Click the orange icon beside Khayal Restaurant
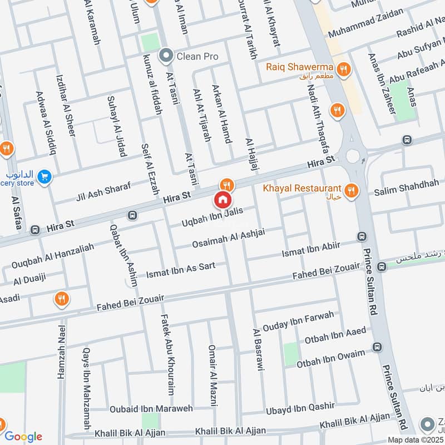pos(350,191)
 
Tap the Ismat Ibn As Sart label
pos(181,270)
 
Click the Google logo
pos(23,436)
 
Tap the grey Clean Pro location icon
pos(165,56)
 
